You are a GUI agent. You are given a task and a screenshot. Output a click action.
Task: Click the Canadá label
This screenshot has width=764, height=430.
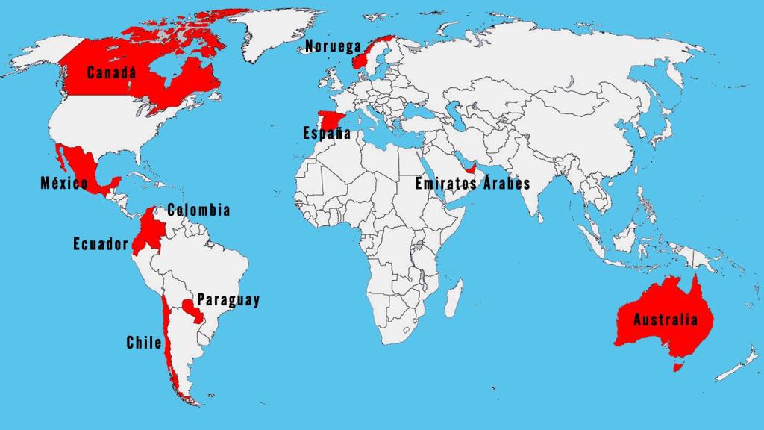tap(112, 73)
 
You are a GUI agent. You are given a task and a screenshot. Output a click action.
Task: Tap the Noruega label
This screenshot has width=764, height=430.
tap(333, 47)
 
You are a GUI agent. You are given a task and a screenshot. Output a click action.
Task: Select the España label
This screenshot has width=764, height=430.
tap(327, 134)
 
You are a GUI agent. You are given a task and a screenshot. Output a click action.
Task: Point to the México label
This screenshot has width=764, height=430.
tap(64, 183)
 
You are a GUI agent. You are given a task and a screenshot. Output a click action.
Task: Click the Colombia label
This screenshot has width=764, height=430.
tap(198, 211)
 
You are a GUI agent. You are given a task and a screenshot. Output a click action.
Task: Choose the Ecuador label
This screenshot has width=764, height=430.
tap(101, 243)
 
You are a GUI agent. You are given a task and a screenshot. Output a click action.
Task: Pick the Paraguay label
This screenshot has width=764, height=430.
tap(228, 300)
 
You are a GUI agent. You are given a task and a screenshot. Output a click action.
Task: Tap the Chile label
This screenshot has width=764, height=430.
tap(144, 343)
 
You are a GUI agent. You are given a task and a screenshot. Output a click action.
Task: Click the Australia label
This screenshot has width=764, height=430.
tap(666, 320)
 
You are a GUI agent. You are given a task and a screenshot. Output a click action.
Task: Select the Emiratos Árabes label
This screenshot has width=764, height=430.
tap(472, 183)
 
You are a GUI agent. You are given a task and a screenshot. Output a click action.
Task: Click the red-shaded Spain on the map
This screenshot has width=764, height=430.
tap(328, 119)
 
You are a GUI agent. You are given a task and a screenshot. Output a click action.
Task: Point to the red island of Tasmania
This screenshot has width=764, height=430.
tap(677, 367)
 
